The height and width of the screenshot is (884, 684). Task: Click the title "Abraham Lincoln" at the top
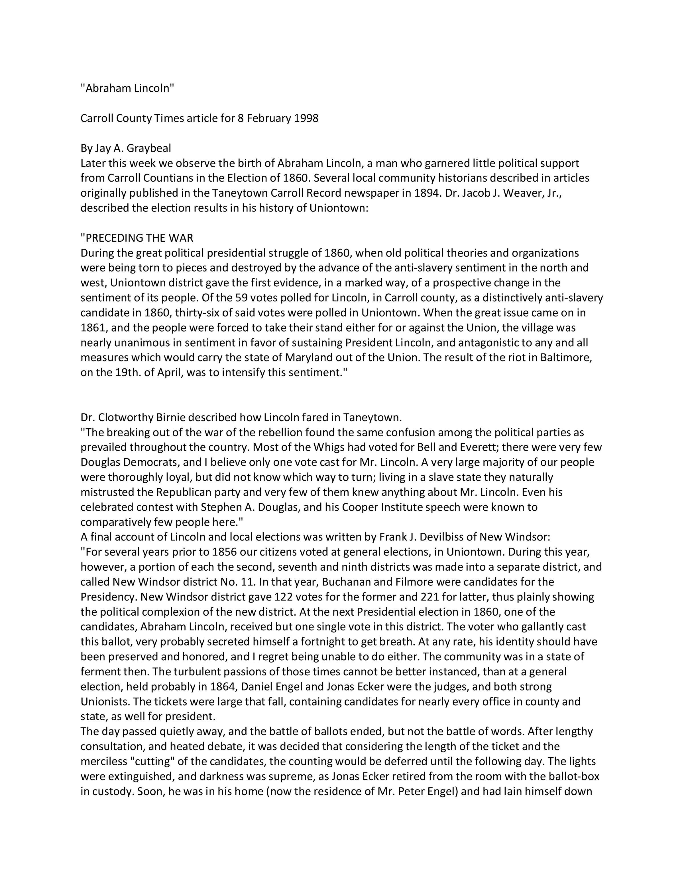127,88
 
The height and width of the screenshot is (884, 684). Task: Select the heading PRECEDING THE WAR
137,238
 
